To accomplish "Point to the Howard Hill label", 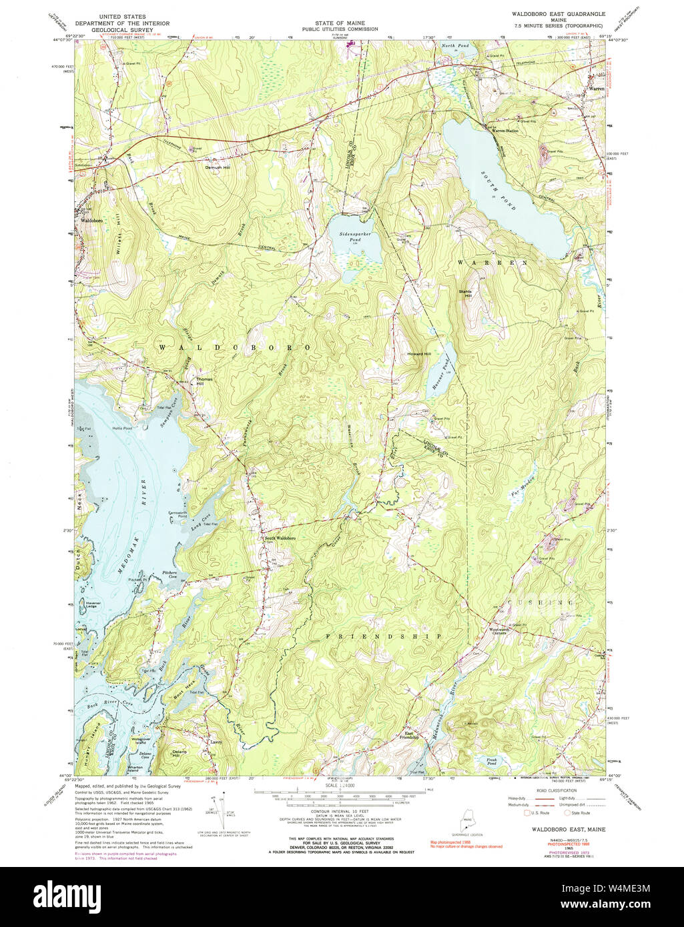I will [x=419, y=354].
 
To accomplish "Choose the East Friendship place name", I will [x=409, y=735].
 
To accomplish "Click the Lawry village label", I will [x=214, y=742].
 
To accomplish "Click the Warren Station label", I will [x=505, y=130].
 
